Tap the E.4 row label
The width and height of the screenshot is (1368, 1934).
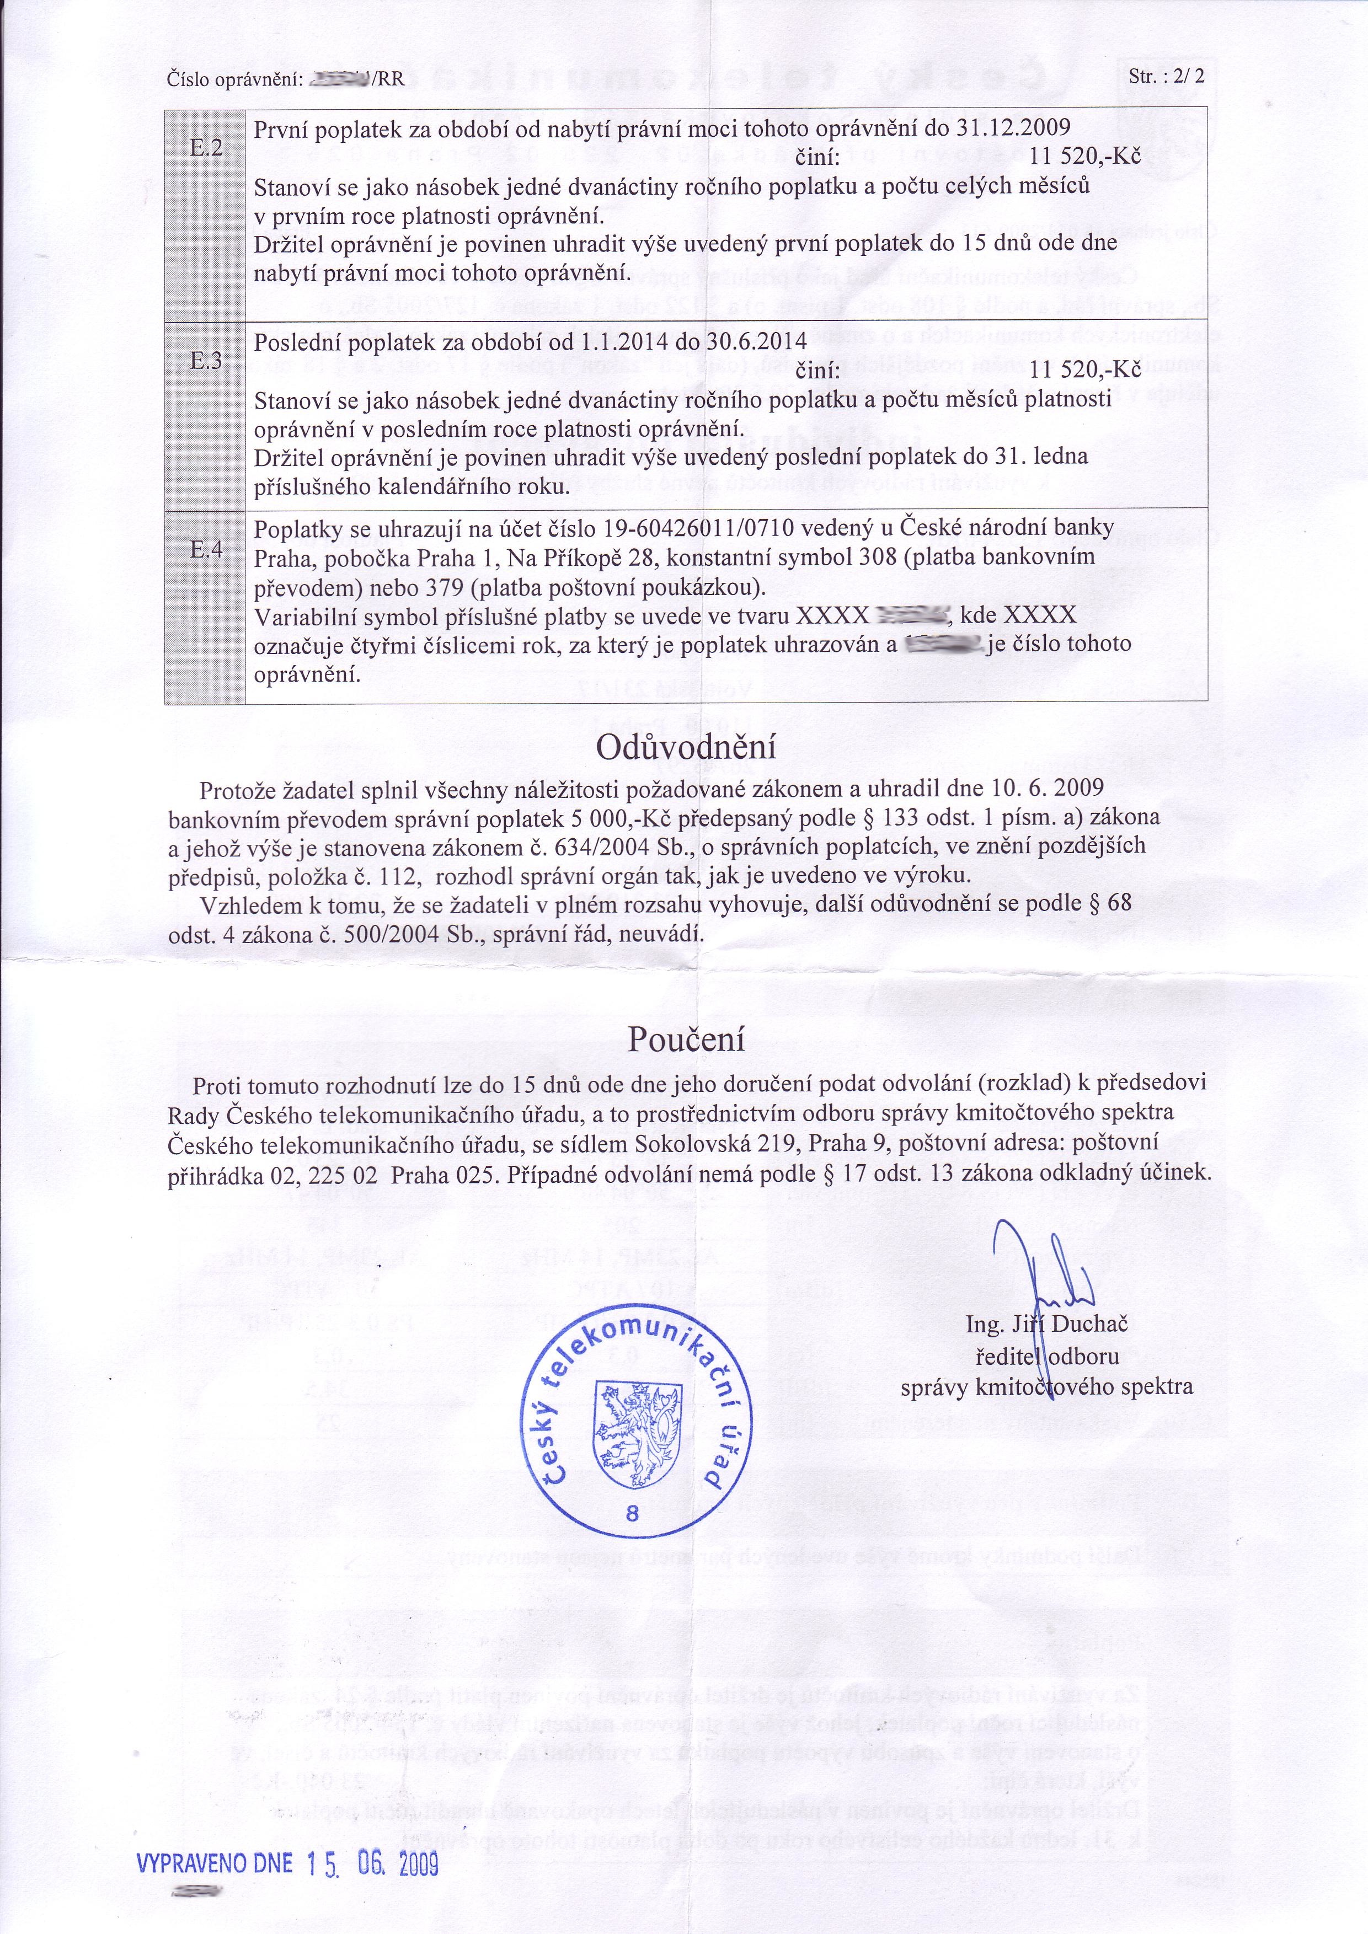[205, 550]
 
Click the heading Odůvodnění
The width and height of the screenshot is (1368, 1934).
[686, 748]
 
